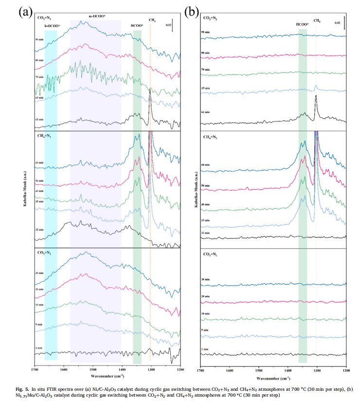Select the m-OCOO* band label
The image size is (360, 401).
point(97,17)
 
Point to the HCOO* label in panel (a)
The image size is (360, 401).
point(138,25)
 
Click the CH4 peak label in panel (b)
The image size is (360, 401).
point(317,21)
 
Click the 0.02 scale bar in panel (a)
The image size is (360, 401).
point(173,25)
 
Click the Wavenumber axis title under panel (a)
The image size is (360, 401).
point(107,376)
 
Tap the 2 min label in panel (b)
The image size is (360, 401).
point(206,349)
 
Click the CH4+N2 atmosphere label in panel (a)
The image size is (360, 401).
point(45,136)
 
